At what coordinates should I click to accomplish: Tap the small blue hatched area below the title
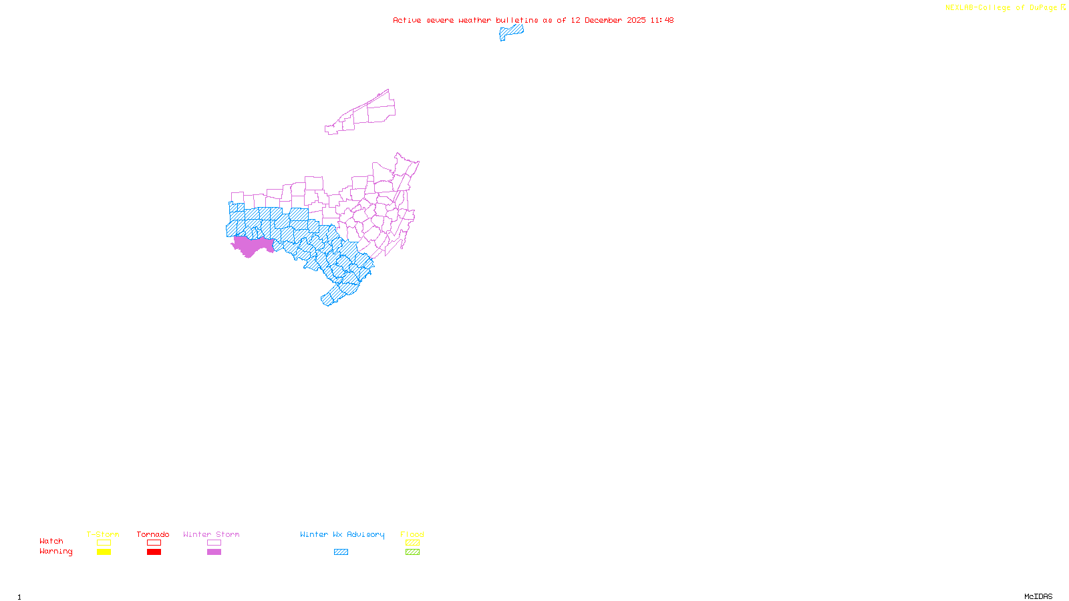(511, 31)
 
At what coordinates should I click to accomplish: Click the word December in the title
(603, 20)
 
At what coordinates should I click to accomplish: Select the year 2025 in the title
(636, 20)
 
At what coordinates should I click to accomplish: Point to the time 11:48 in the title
(662, 20)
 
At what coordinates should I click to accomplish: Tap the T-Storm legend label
(103, 534)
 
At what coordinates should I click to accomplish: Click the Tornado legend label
(153, 534)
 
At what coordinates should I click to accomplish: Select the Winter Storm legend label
(211, 534)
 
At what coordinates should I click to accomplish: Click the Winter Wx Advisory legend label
(342, 534)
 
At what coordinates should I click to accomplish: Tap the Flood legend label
(412, 534)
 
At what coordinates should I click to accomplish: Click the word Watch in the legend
(51, 541)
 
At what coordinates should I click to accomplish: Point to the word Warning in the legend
(56, 552)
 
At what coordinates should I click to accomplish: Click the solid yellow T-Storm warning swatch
(104, 552)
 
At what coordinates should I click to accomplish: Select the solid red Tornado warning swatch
(154, 552)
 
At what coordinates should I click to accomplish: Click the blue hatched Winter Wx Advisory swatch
(341, 552)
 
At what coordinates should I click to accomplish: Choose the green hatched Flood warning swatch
(412, 552)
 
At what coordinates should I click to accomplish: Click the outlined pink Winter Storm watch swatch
(214, 543)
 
